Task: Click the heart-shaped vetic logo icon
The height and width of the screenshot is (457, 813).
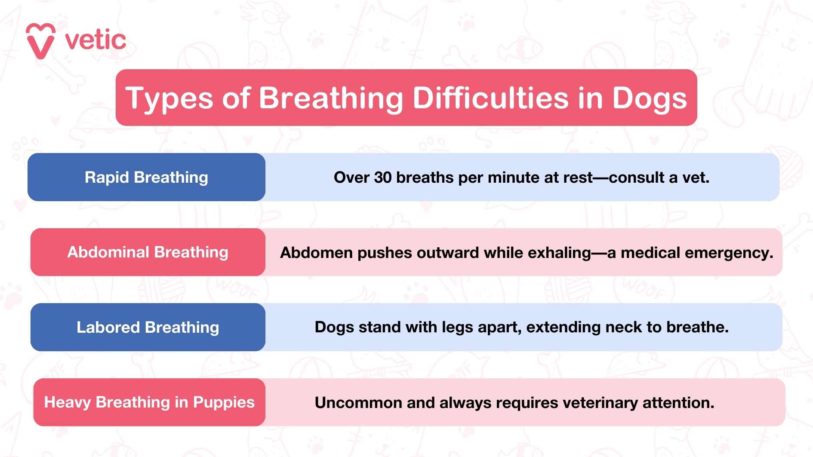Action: (x=40, y=41)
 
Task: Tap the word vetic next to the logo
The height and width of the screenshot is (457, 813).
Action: (x=95, y=40)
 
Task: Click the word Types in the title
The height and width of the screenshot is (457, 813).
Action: (x=169, y=98)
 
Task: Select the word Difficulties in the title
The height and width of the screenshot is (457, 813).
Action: (x=490, y=98)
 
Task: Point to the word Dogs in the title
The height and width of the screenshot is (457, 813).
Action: (x=649, y=98)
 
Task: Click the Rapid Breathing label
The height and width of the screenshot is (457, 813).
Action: (x=146, y=177)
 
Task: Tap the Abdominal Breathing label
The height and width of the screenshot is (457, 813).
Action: (x=148, y=252)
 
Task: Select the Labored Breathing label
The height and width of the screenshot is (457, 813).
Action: (x=148, y=327)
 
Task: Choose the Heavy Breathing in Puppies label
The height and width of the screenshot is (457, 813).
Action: (x=149, y=402)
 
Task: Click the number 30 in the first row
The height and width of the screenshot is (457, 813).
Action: (x=382, y=178)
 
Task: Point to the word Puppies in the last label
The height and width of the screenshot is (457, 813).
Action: (x=224, y=402)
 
